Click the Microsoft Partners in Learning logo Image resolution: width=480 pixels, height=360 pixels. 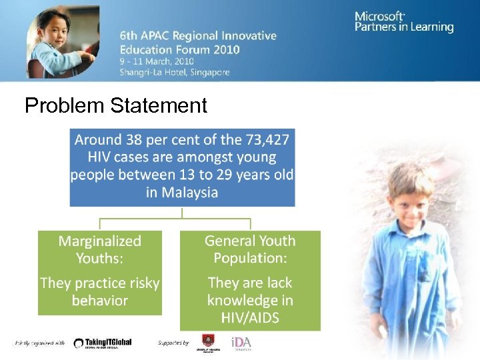click(x=403, y=22)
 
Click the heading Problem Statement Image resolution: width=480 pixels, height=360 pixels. click(x=116, y=105)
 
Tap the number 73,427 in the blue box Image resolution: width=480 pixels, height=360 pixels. click(x=265, y=141)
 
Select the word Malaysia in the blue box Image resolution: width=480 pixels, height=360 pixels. click(x=182, y=193)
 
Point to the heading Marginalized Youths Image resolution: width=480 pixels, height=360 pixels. click(x=99, y=249)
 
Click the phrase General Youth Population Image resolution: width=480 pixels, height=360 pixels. click(x=250, y=249)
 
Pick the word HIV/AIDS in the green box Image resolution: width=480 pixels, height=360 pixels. click(x=250, y=317)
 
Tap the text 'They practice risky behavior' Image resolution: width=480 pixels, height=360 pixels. click(x=99, y=291)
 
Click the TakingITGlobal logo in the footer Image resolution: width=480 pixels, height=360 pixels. click(x=103, y=343)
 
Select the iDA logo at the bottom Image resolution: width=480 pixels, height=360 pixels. click(x=241, y=343)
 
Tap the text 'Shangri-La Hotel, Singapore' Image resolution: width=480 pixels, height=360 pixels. click(x=175, y=73)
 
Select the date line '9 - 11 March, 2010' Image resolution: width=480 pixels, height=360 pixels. click(x=157, y=61)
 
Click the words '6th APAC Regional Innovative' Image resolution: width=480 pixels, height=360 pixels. click(x=198, y=36)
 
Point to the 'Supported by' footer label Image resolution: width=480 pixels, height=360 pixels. click(x=174, y=343)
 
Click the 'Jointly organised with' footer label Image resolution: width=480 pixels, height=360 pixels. click(x=40, y=343)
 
